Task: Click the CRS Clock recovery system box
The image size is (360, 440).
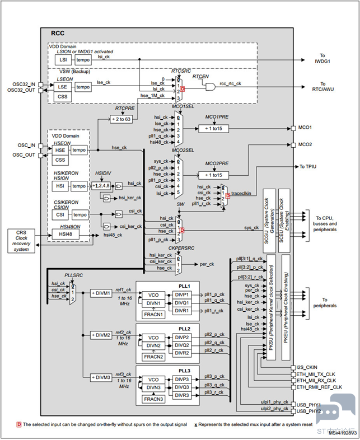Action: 21,240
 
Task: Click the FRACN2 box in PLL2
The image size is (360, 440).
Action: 153,357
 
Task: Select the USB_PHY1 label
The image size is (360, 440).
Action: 307,404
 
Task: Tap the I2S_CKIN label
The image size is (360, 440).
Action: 307,367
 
